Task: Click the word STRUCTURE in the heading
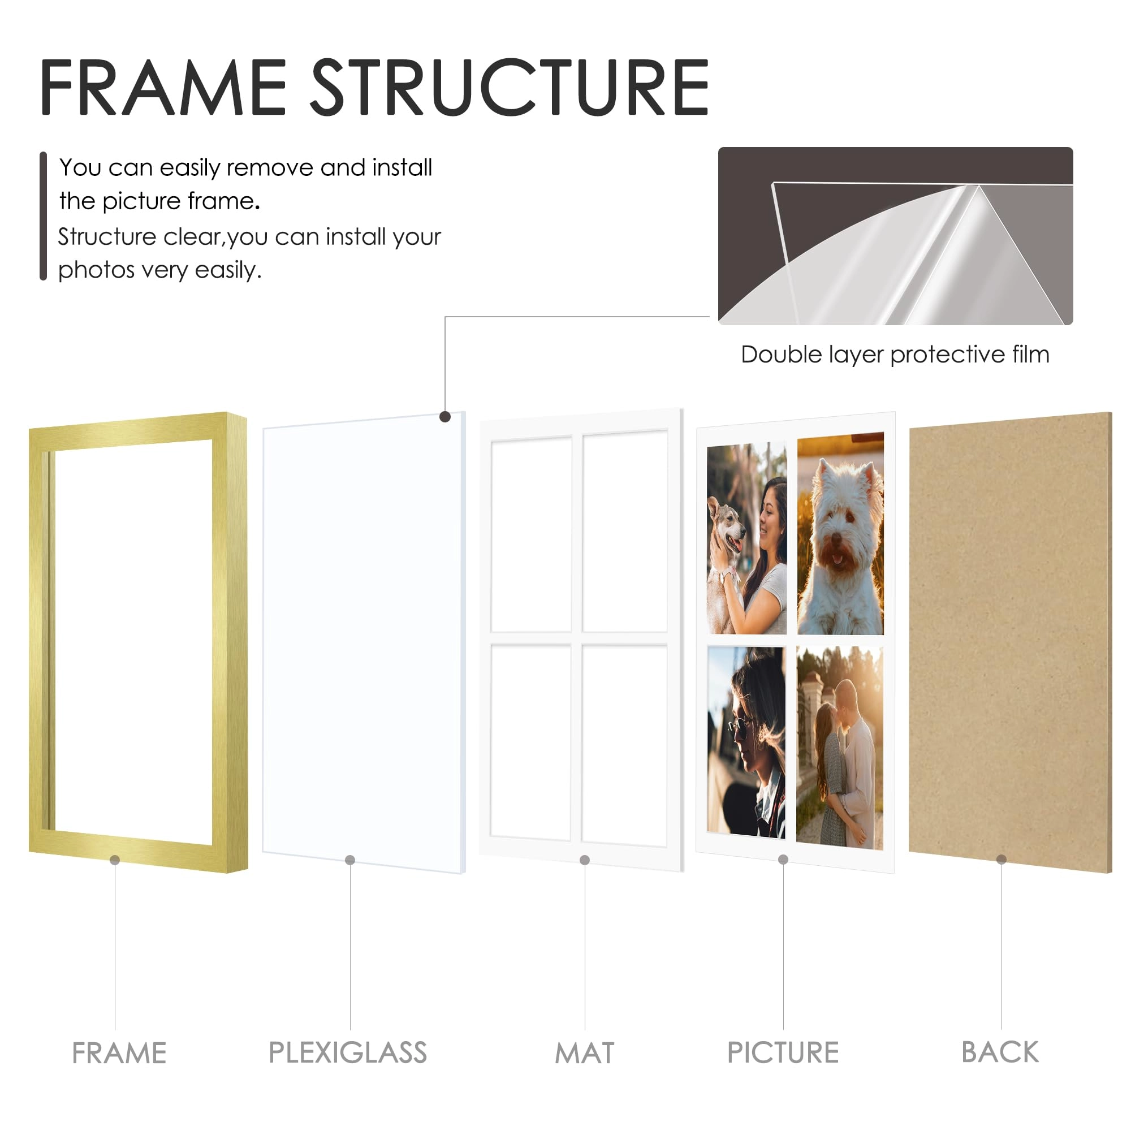pyautogui.click(x=510, y=88)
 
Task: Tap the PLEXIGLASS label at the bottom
pyautogui.click(x=348, y=1052)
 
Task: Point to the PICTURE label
pyautogui.click(x=783, y=1052)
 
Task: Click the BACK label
pyautogui.click(x=1000, y=1052)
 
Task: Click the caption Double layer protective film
pyautogui.click(x=895, y=355)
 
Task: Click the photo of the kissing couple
pyautogui.click(x=839, y=746)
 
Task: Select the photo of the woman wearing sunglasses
pyautogui.click(x=746, y=741)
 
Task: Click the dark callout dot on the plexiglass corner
pyautogui.click(x=445, y=417)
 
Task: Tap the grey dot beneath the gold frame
pyautogui.click(x=115, y=860)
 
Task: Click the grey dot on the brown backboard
pyautogui.click(x=1002, y=860)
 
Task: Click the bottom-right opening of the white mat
pyautogui.click(x=625, y=745)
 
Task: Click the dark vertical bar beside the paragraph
pyautogui.click(x=43, y=216)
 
